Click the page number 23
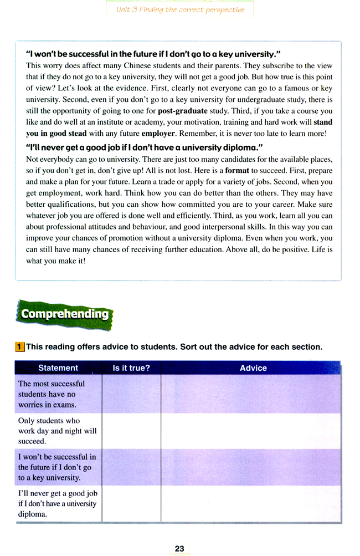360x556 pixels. pyautogui.click(x=179, y=548)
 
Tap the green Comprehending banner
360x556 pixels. pyautogui.click(x=65, y=314)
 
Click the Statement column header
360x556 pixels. pyautogui.click(x=58, y=368)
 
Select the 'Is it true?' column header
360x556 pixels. pyautogui.click(x=131, y=368)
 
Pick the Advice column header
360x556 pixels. pyautogui.click(x=253, y=368)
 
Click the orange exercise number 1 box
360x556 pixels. pyautogui.click(x=19, y=347)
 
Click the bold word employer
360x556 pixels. pyautogui.click(x=158, y=134)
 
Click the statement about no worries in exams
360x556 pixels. pyautogui.click(x=52, y=394)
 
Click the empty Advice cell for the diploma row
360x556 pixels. pyautogui.click(x=250, y=504)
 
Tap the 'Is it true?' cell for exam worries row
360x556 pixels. pyautogui.click(x=131, y=394)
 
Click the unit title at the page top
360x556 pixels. pyautogui.click(x=180, y=10)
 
